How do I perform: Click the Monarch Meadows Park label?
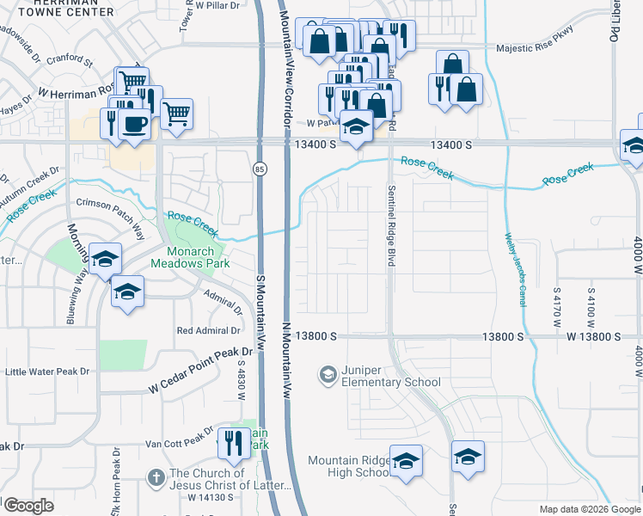190,258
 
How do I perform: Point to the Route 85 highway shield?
259,170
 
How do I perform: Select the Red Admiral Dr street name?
208,330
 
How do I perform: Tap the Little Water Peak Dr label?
47,372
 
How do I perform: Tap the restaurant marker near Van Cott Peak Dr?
234,444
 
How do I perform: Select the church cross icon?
156,476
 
